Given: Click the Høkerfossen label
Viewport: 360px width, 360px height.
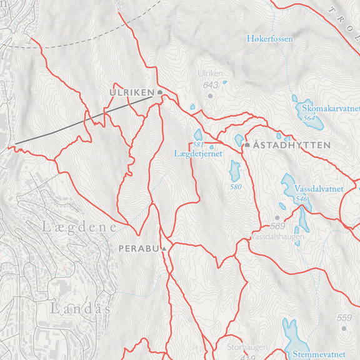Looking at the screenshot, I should (269, 39).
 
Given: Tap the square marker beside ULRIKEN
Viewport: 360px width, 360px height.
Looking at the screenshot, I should (160, 92).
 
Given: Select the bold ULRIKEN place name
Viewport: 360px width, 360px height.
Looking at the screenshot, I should (131, 92).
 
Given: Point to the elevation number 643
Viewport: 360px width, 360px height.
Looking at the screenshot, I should (211, 85).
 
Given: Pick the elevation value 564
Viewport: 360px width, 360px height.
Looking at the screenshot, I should (309, 117).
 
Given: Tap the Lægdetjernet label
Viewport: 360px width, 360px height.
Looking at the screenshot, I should (198, 154).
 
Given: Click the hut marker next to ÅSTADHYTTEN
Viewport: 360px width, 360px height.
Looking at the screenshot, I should (247, 145).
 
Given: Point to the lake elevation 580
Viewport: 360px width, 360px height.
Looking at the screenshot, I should (236, 187).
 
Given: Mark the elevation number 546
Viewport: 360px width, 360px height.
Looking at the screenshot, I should (302, 199).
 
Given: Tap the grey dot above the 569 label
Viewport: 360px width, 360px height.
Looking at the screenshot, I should (277, 217).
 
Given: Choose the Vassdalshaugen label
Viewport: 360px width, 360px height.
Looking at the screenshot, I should (278, 237).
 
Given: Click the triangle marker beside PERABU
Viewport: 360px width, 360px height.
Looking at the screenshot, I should (164, 249).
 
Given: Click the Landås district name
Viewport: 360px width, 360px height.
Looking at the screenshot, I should (79, 309).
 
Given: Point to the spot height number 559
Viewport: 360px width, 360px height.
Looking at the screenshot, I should (344, 317).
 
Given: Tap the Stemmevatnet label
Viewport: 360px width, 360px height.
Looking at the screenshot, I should (318, 354).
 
